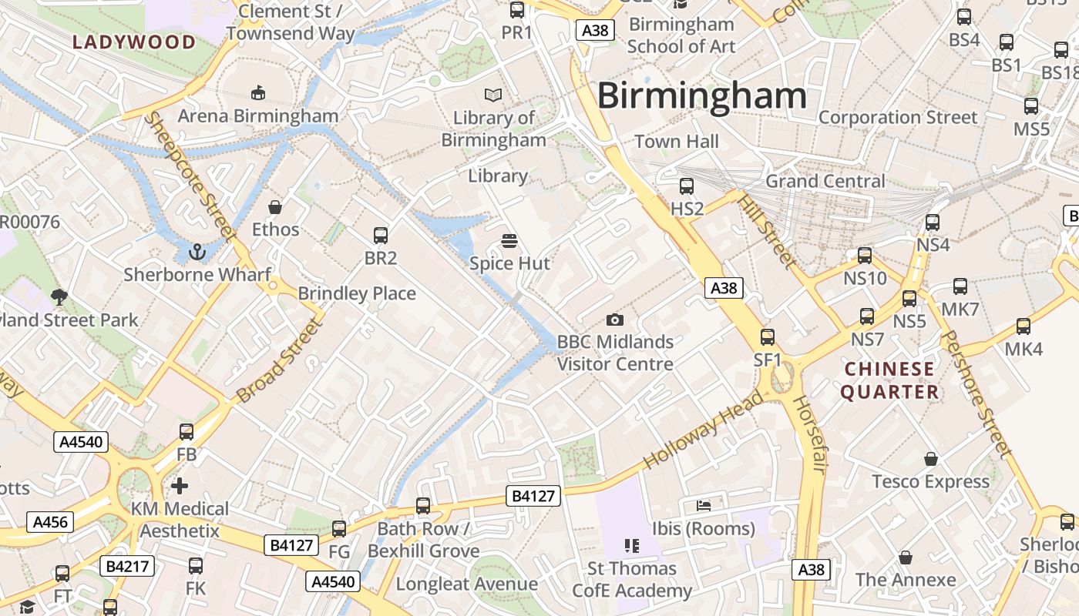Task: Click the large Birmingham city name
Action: pyautogui.click(x=701, y=96)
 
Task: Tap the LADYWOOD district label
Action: pyautogui.click(x=135, y=42)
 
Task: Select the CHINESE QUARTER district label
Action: pyautogui.click(x=889, y=380)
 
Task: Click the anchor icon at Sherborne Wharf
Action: pyautogui.click(x=198, y=251)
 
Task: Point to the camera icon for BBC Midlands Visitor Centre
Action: pyautogui.click(x=614, y=320)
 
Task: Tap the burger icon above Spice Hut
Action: pyautogui.click(x=509, y=241)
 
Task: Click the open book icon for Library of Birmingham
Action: pyautogui.click(x=493, y=95)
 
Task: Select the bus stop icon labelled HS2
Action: pyautogui.click(x=687, y=186)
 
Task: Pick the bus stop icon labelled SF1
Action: pyautogui.click(x=768, y=337)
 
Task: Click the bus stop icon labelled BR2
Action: pyautogui.click(x=380, y=236)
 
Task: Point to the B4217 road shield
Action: pyautogui.click(x=127, y=567)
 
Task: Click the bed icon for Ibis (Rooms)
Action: pyautogui.click(x=703, y=505)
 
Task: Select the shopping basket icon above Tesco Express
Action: pyautogui.click(x=931, y=459)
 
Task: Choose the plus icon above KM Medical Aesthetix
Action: pyautogui.click(x=180, y=486)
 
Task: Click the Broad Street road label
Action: pyautogui.click(x=279, y=361)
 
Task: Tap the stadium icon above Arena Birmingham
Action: pyautogui.click(x=258, y=93)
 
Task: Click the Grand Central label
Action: pyautogui.click(x=825, y=181)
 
